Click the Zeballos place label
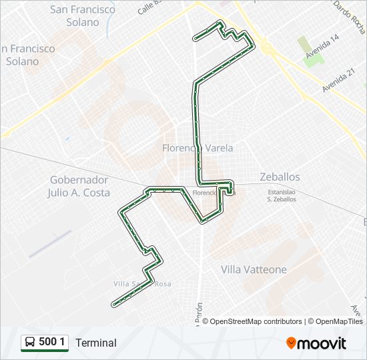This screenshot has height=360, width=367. tap(280, 177)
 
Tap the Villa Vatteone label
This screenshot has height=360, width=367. tap(254, 269)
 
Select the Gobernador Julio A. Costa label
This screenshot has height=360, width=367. tap(79, 186)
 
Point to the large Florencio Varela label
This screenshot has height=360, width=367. tap(198, 148)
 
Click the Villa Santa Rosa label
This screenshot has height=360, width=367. tap(141, 283)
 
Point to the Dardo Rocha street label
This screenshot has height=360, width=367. tap(349, 17)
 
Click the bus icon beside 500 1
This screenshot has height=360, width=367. tap(30, 343)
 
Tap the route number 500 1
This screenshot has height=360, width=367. tap(52, 343)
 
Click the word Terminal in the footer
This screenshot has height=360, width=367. tap(96, 343)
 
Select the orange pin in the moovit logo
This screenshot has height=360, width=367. tap(291, 343)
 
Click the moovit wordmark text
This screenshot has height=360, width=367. tap(322, 343)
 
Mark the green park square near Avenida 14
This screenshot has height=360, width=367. tap(314, 58)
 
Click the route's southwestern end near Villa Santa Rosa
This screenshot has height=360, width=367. tap(113, 304)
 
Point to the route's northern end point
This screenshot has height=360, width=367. tap(194, 38)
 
